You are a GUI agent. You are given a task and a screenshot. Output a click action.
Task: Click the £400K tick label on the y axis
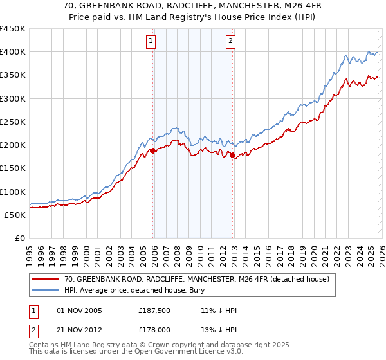(x=13, y=52)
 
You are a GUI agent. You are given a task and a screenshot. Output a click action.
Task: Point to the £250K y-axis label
(x=13, y=122)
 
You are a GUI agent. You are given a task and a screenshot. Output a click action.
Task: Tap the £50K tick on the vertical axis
(x=15, y=215)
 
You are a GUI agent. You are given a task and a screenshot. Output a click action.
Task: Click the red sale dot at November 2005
(x=153, y=151)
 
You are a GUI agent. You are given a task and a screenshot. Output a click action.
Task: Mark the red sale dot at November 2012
(x=233, y=156)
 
